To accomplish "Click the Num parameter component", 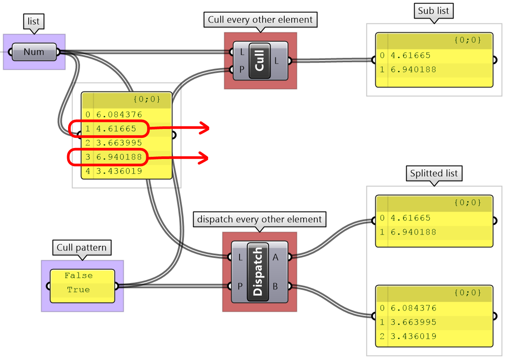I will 34,52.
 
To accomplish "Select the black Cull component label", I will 259,61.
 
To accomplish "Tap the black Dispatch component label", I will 258,272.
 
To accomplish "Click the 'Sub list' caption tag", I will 433,11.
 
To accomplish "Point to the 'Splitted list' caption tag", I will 434,173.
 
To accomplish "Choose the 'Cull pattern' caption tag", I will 82,247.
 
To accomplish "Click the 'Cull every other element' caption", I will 260,20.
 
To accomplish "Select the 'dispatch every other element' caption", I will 259,219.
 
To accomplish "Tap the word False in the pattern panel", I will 79,276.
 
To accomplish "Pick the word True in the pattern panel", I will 78,290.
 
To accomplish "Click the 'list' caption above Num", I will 34,21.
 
